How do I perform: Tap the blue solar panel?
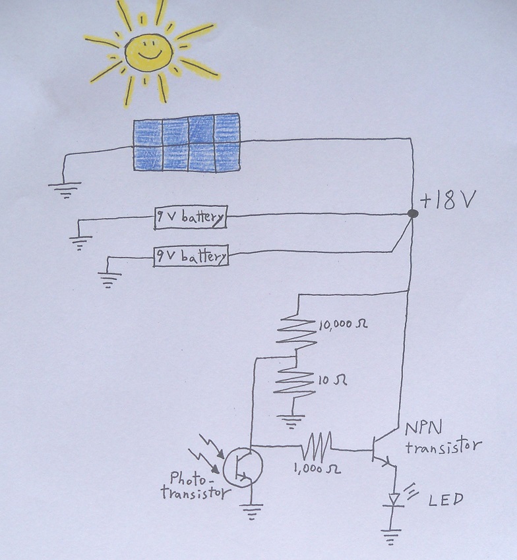187,144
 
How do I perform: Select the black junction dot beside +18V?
413,214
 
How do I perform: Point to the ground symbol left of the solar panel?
63,191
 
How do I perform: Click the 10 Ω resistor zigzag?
295,382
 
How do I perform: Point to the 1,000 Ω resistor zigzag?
319,450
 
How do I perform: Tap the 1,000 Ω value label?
319,471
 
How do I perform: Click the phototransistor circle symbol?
243,466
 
